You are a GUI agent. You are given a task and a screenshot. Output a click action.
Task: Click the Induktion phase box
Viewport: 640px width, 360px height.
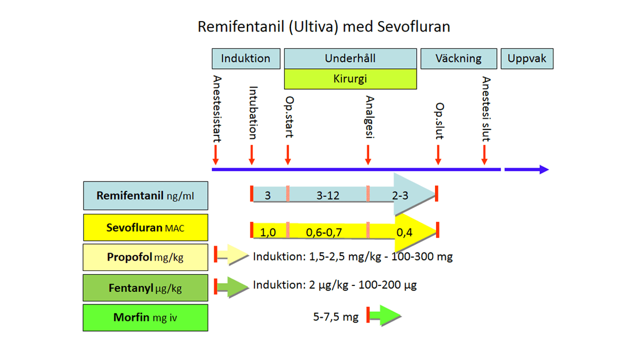(245, 58)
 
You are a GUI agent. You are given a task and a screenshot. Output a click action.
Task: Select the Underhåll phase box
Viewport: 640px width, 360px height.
(350, 58)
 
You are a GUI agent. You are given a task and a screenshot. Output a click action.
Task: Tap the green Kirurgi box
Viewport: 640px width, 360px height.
(350, 79)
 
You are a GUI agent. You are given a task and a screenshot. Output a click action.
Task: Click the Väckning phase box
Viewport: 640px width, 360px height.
(458, 58)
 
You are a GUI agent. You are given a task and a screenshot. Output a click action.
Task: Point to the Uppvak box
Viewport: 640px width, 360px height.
(527, 58)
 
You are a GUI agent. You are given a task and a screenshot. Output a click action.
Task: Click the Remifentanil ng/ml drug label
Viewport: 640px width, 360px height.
(145, 195)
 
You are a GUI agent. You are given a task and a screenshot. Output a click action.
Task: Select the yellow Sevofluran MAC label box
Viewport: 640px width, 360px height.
(145, 228)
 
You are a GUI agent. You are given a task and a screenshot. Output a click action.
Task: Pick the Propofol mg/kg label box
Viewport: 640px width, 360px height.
(145, 257)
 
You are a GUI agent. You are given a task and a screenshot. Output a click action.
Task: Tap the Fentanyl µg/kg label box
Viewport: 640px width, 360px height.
(145, 288)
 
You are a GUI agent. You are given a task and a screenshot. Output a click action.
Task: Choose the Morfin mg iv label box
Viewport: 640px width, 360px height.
(145, 317)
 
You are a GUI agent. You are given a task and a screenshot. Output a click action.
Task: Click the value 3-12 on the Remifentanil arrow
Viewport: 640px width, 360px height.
(328, 195)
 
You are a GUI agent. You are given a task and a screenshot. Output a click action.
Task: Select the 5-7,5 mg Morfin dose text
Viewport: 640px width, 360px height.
(336, 317)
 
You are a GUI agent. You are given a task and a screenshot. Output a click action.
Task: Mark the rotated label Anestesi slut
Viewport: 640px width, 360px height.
(486, 109)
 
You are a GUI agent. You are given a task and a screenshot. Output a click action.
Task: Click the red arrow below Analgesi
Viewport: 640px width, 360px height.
(368, 154)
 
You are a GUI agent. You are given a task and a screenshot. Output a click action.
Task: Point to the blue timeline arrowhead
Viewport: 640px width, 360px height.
(543, 169)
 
